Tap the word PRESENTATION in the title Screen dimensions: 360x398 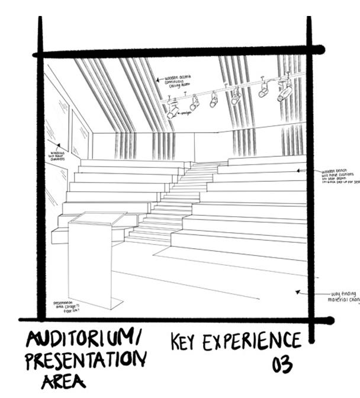[86, 360]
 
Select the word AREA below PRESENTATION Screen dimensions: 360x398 [63, 380]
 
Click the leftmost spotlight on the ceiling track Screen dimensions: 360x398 [172, 108]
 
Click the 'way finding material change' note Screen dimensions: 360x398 [342, 296]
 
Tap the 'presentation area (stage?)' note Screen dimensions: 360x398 [66, 305]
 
